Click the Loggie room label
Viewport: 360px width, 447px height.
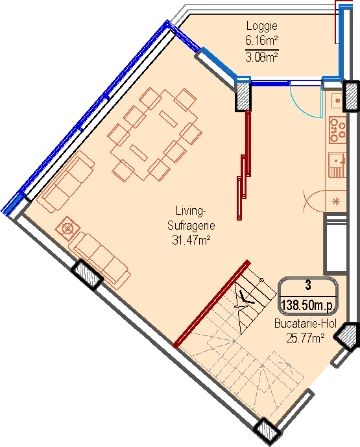[261, 26]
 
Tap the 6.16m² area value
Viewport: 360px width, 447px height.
[261, 41]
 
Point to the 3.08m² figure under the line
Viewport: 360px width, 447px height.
[261, 57]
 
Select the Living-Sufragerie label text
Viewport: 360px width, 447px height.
[191, 218]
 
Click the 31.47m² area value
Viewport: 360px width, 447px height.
[191, 240]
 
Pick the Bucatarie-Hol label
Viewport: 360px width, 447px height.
[306, 324]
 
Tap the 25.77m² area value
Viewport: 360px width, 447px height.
[306, 339]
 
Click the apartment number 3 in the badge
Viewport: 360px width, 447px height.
[308, 285]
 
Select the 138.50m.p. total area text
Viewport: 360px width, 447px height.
[307, 305]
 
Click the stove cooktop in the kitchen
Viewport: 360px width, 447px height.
[337, 130]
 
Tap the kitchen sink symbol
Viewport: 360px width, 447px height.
[337, 165]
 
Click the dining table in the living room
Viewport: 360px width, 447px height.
[154, 135]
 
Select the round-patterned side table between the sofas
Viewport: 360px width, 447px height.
[67, 228]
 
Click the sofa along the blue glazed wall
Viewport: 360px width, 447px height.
[66, 182]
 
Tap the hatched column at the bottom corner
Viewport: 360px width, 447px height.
[266, 430]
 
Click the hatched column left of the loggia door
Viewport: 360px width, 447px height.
[243, 96]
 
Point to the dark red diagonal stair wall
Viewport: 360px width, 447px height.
[212, 304]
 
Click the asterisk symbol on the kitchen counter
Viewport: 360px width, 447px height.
[337, 202]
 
